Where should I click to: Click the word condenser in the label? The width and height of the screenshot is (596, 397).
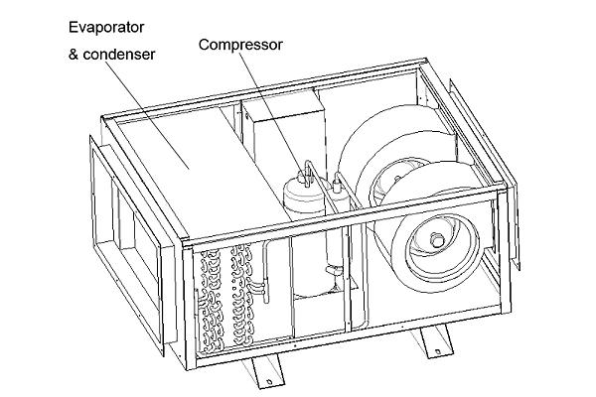coord(118,53)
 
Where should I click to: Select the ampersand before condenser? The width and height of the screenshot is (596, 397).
coord(73,53)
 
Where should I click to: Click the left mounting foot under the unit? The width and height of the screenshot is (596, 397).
coord(263,374)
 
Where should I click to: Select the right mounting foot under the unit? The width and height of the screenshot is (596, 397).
coord(434,343)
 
